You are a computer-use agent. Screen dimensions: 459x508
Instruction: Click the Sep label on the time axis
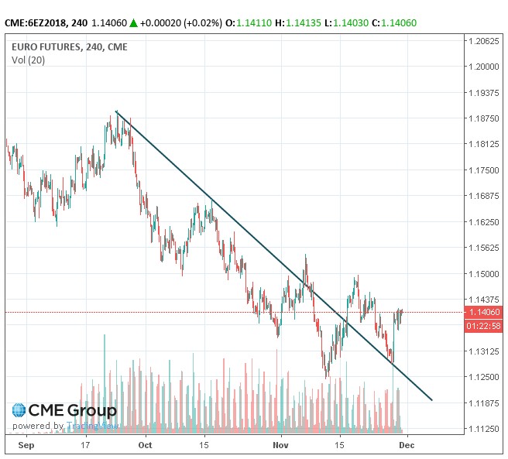pyautogui.click(x=26, y=446)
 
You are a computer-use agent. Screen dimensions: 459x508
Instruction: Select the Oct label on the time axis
pyautogui.click(x=144, y=446)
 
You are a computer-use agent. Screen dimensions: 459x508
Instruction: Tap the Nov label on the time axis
pyautogui.click(x=281, y=446)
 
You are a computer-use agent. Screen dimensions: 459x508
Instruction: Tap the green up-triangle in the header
pyautogui.click(x=133, y=23)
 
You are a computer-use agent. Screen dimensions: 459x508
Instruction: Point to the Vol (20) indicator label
pyautogui.click(x=29, y=60)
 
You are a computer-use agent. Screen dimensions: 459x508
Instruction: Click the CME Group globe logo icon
pyautogui.click(x=18, y=410)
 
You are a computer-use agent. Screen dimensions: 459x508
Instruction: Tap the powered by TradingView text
pyautogui.click(x=66, y=426)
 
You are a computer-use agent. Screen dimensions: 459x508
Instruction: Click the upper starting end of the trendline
pyautogui.click(x=115, y=111)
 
